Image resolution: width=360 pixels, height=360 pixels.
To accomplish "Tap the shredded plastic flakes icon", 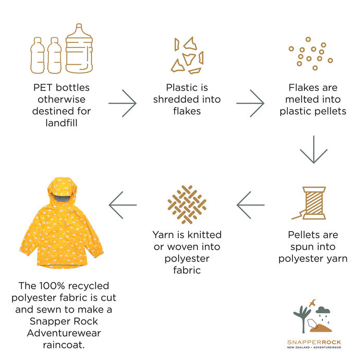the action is pos(187,55).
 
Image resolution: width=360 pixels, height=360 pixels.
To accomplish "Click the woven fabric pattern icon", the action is pos(187,205).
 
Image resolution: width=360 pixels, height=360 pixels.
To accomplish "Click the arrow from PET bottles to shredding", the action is pos(123,103).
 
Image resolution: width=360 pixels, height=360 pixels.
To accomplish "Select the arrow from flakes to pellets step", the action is pos(250,103).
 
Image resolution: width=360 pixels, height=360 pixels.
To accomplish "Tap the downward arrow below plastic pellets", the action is pos(314,149).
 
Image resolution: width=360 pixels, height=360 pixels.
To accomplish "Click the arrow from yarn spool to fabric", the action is pos(250,205).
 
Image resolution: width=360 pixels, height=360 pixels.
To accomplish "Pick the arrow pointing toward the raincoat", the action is pos(123,205).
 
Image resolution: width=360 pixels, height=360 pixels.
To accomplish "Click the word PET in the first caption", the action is pos(43,88).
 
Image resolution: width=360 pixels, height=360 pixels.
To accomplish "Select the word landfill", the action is pos(62,123).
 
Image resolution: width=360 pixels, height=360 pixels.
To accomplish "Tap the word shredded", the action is pos(176,100).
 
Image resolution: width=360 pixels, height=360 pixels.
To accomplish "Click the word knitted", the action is pos(205,235).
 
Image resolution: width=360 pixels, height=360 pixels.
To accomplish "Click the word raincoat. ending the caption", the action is pos(64,345).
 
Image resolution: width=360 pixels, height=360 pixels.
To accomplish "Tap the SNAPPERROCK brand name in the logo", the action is pos(314,342).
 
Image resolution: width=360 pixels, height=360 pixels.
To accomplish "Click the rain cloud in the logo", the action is pos(323,310).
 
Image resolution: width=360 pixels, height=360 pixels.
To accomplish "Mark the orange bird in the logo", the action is pos(313,303).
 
